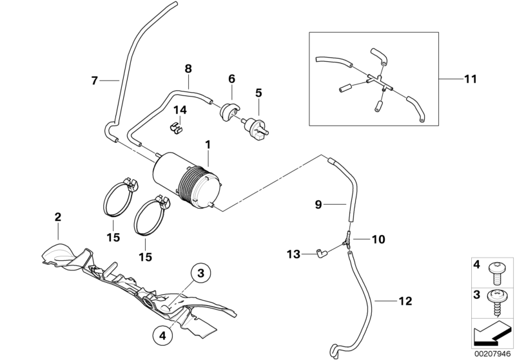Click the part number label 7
(x=94, y=81)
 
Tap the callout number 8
(x=188, y=68)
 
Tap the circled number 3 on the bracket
(x=200, y=274)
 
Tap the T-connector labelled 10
(x=347, y=241)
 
